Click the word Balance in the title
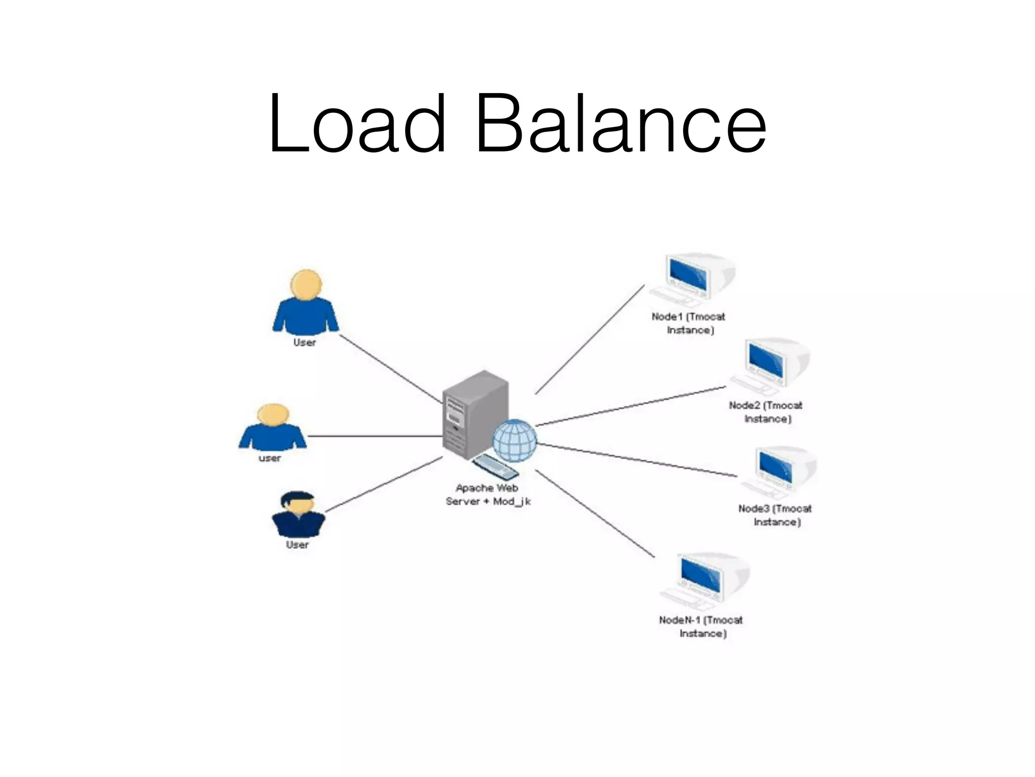click(x=621, y=124)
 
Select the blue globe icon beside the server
click(x=514, y=441)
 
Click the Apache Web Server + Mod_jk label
click(x=488, y=495)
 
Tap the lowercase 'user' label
click(x=270, y=458)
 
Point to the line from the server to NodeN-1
click(x=595, y=513)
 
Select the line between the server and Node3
click(x=637, y=460)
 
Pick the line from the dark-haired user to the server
click(x=384, y=485)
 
